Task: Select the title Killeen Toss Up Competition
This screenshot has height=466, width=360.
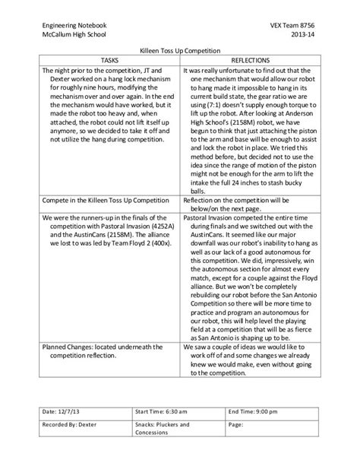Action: [179, 49]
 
